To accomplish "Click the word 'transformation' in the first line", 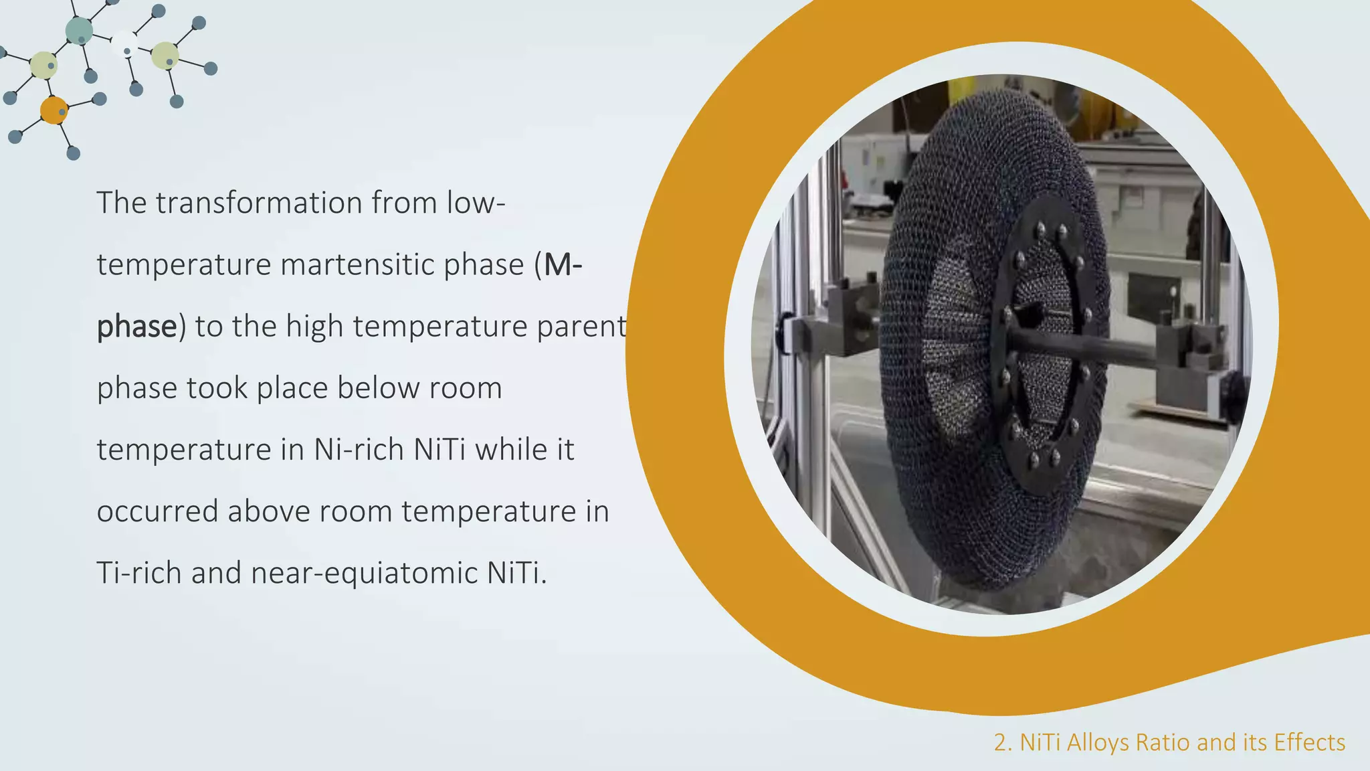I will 260,203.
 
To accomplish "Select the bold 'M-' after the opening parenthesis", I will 563,265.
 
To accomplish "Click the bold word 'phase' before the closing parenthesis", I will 136,327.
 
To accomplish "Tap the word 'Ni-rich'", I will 359,450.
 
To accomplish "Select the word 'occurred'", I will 157,511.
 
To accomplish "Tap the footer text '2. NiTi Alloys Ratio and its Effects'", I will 1169,742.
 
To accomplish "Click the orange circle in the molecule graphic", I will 54,110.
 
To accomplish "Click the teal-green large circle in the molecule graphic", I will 79,31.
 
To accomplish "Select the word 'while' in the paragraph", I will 512,450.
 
